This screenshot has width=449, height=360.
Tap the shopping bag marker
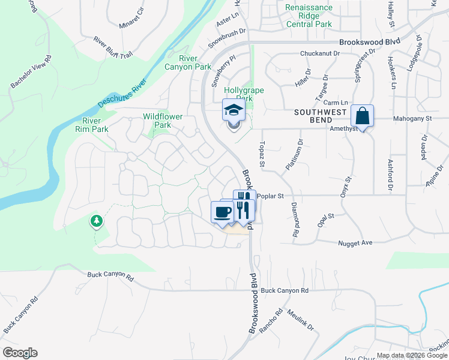(363, 115)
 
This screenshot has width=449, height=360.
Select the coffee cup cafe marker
(222, 211)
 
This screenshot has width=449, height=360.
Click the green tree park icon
(96, 222)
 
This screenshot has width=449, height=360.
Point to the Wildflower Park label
(163, 121)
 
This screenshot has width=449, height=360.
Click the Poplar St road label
(270, 196)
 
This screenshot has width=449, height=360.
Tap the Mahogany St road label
(412, 119)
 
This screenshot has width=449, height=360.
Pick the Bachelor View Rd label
(31, 74)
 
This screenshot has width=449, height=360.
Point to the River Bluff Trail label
(113, 47)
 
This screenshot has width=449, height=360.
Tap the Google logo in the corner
(20, 353)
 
